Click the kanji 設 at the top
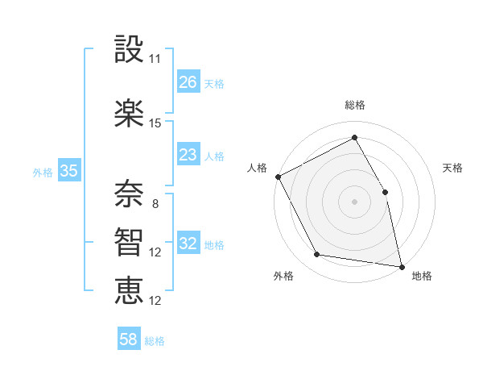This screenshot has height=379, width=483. (x=129, y=51)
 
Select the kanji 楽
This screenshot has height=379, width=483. (x=129, y=112)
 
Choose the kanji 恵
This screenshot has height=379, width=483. (x=129, y=289)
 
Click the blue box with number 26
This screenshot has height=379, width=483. (x=188, y=82)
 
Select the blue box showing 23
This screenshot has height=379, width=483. (x=188, y=155)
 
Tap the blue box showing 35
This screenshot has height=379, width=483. (x=68, y=171)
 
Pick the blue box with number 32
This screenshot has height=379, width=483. (x=188, y=244)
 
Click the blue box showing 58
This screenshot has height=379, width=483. (x=129, y=340)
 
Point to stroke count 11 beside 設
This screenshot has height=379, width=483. (x=155, y=59)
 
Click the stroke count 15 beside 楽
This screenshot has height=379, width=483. (x=155, y=123)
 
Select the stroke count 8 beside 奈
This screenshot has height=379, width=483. (x=155, y=204)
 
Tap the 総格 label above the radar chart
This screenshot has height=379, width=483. (x=355, y=106)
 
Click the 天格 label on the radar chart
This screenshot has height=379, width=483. (x=453, y=168)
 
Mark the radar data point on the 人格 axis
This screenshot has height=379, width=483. (x=278, y=177)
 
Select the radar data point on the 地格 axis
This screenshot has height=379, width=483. (x=401, y=265)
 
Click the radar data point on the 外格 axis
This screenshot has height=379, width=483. (x=317, y=256)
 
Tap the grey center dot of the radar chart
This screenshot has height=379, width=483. (x=354, y=201)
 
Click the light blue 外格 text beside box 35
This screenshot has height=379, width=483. (x=43, y=172)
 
